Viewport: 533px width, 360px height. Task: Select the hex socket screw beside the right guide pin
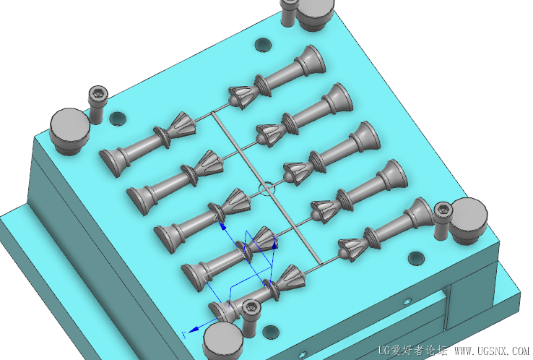[x=443, y=220]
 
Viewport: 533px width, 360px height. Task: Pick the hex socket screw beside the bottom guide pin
[x=251, y=318]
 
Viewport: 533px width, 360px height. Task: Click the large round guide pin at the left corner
[x=69, y=131]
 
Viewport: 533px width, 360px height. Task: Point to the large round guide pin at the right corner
[x=468, y=220]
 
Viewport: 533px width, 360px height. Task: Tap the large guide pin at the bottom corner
[x=222, y=341]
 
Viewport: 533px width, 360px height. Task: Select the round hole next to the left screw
[x=118, y=118]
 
